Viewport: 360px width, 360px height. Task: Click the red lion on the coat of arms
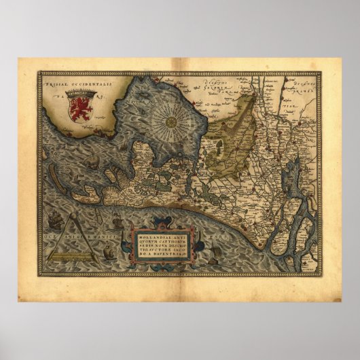click(80, 110)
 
